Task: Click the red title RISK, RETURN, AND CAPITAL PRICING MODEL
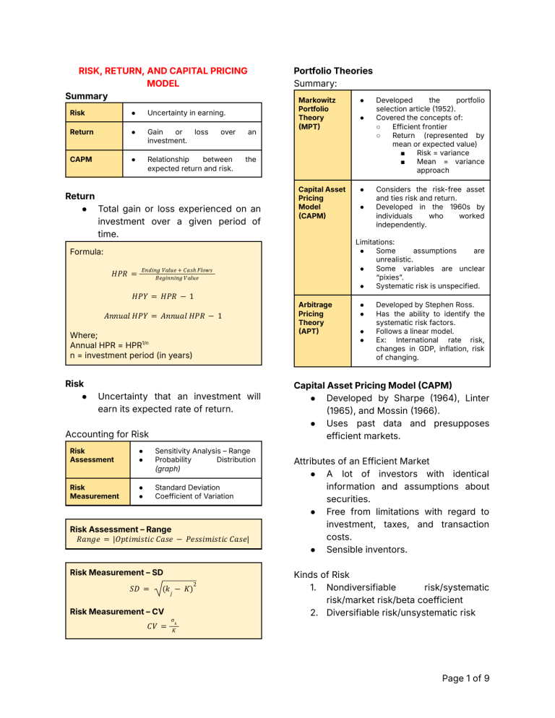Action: [163, 77]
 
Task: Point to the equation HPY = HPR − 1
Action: [163, 297]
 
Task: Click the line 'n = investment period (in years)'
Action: [140, 355]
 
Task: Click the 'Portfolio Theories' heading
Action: [333, 71]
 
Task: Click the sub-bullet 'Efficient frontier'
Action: [422, 126]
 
